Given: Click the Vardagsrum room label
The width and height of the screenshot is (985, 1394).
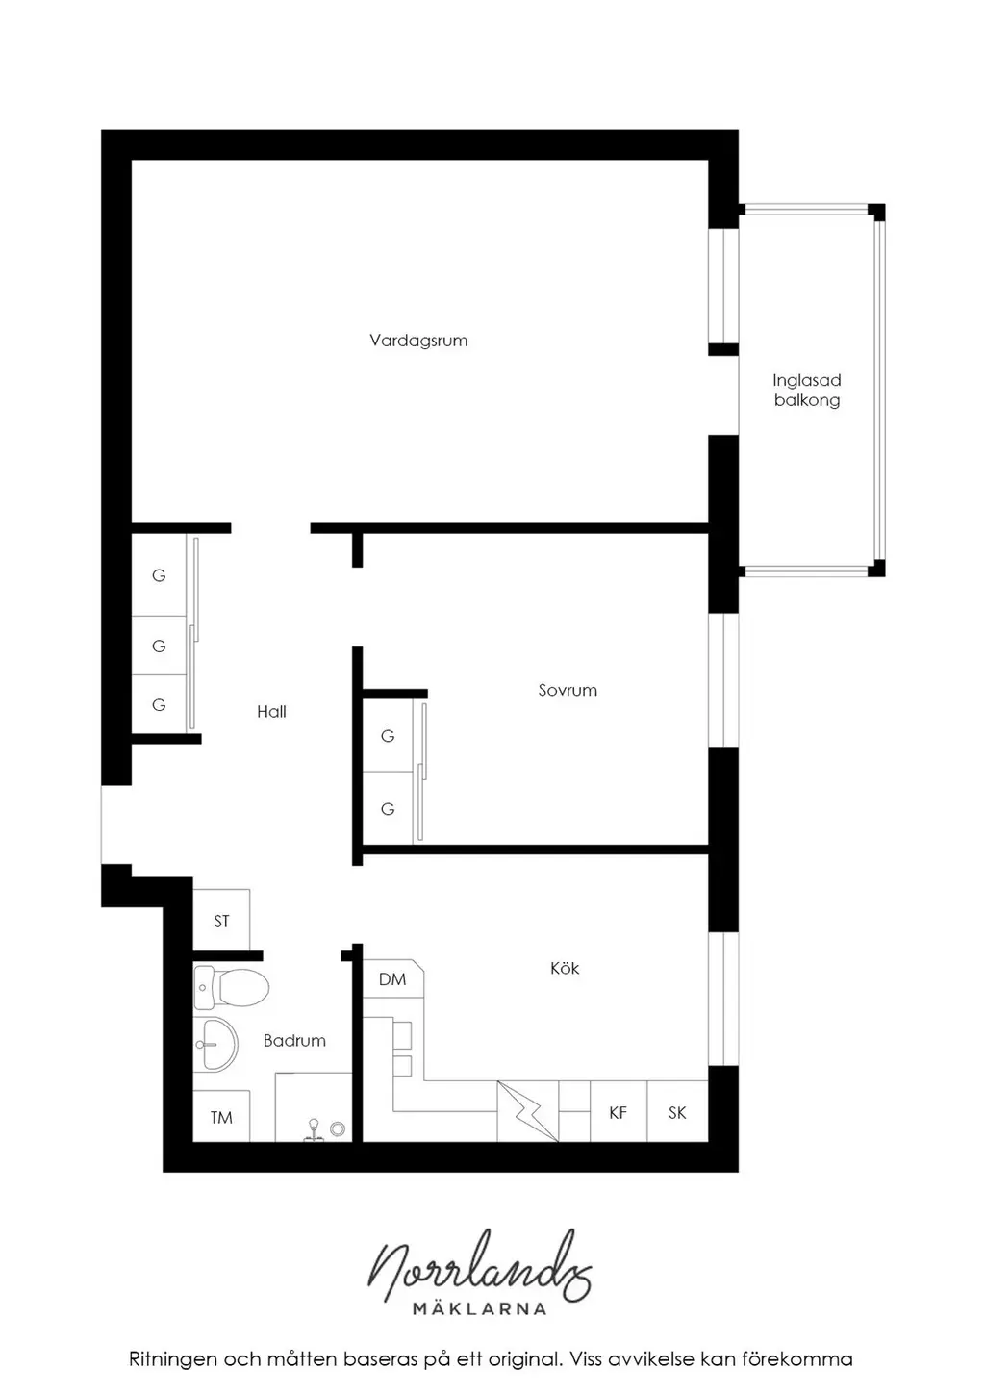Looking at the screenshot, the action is [418, 341].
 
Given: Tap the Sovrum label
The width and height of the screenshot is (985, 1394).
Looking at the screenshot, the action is [568, 690].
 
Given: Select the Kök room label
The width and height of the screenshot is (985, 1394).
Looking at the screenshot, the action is [565, 968].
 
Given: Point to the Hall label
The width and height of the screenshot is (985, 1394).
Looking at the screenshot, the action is [271, 711].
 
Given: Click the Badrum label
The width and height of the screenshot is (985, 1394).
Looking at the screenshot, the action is [294, 1040].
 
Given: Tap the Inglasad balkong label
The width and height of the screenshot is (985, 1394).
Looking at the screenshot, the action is [806, 391].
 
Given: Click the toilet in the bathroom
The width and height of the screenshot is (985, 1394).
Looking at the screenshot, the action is [231, 987].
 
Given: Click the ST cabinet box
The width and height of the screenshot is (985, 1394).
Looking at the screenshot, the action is [221, 921].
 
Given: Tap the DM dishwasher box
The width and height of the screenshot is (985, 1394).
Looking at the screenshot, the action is [392, 979].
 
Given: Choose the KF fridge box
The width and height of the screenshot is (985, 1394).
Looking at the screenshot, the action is [618, 1112].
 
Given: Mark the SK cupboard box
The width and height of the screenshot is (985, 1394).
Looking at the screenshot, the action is [677, 1112].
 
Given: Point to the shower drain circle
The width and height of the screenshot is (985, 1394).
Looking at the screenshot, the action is [338, 1128].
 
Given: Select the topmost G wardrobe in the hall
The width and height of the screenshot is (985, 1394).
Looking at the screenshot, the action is [159, 575].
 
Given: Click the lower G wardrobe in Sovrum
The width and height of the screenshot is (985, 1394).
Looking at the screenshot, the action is [388, 808].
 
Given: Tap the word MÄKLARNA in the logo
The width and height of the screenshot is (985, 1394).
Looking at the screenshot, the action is [479, 1308].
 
